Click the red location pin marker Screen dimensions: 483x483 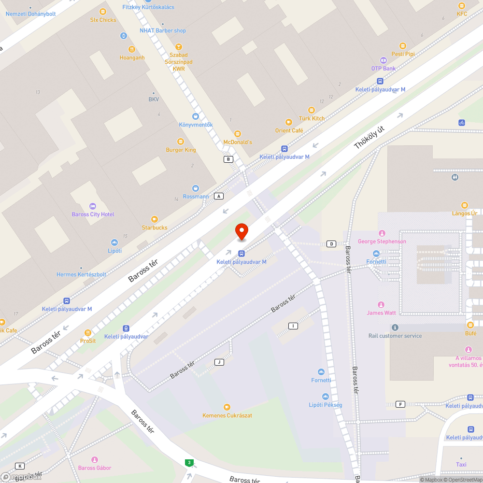(x=241, y=231)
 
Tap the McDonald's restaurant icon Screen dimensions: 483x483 (x=237, y=134)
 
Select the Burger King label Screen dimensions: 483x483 (x=181, y=150)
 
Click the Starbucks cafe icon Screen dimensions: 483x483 (x=155, y=219)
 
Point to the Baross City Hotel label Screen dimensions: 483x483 (x=93, y=214)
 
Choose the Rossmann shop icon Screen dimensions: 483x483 (x=196, y=188)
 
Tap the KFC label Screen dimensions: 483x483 (x=462, y=14)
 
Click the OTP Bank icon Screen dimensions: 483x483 (x=384, y=60)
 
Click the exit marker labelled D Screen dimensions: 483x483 (x=331, y=244)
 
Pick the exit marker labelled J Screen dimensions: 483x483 (x=219, y=362)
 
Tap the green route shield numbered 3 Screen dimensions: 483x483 (x=189, y=463)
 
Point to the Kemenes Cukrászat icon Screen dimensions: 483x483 (x=227, y=407)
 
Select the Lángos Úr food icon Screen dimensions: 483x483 (x=465, y=205)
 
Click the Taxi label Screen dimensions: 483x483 (x=461, y=465)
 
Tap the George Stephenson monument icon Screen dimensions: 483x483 (x=382, y=233)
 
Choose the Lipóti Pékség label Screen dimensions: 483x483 (x=326, y=405)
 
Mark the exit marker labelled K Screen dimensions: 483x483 (x=20, y=466)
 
